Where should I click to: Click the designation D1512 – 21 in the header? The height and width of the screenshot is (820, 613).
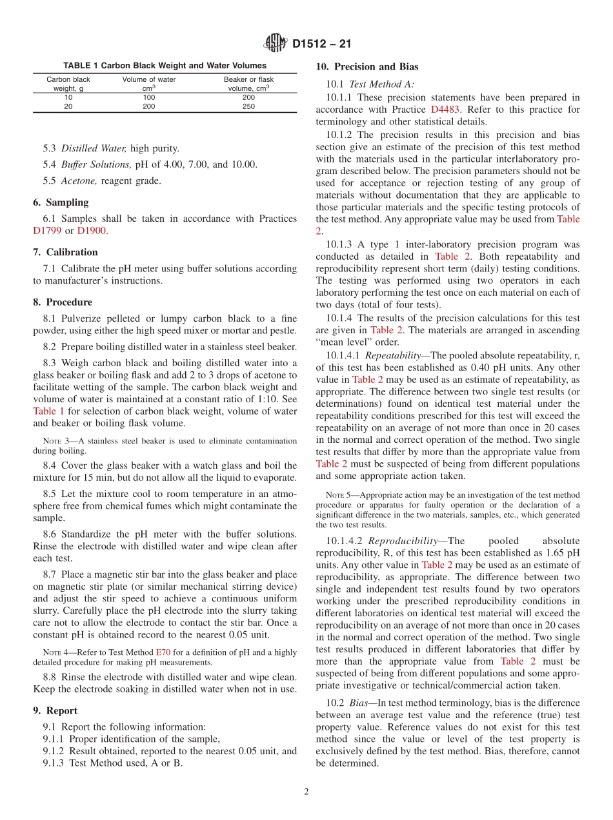pos(321,44)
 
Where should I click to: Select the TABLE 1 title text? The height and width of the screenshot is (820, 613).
pos(165,66)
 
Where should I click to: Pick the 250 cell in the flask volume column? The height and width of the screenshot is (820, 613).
pos(248,107)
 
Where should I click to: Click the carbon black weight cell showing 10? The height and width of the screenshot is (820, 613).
pos(68,98)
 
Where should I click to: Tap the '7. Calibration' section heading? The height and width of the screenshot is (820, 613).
pos(65,252)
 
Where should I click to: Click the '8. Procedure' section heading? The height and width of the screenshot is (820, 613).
pos(63,302)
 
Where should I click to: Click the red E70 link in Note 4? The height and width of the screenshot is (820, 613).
pos(163,652)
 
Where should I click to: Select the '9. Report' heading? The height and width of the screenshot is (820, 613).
pos(55,711)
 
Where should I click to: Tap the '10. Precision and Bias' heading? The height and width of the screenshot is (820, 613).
pos(367,67)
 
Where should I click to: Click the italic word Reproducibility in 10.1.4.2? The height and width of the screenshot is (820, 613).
pos(397,541)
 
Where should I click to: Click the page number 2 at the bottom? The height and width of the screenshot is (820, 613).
pos(306,792)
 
